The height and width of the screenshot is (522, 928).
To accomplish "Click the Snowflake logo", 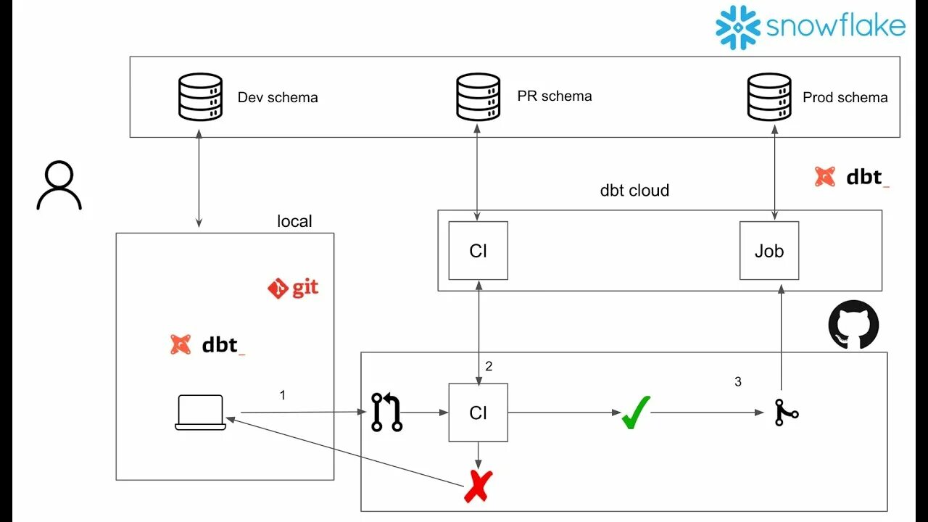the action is point(811,28).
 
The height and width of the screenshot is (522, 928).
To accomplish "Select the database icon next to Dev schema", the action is point(201,97).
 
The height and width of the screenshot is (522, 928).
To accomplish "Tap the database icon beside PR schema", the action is point(478,97).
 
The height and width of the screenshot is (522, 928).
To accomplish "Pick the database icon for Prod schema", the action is point(769,97).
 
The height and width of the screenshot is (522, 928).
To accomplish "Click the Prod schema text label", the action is point(845,97).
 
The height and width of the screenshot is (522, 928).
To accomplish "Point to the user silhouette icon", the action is point(59,185).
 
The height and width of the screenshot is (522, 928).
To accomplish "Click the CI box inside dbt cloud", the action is point(478,251).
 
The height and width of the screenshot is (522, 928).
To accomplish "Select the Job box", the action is point(769,251).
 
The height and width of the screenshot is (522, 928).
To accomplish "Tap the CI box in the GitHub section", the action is point(478,413).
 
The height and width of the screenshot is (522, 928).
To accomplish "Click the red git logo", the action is point(294,288).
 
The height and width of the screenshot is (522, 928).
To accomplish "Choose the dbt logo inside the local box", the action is point(208,344).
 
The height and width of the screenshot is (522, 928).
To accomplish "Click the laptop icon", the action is point(201,413).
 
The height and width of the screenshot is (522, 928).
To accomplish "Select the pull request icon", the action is point(386,413).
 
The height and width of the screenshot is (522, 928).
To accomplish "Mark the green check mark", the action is point(636,413).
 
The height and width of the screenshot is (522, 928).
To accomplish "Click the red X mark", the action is point(478,486).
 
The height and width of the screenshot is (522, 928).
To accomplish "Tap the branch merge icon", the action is point(787,413).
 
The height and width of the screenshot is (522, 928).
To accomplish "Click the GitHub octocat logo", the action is point(853,325).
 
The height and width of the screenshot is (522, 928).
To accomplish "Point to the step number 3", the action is point(738,381).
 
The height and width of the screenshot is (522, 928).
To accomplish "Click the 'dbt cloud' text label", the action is point(634,191).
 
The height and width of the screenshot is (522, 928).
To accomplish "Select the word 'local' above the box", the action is point(294,221).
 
